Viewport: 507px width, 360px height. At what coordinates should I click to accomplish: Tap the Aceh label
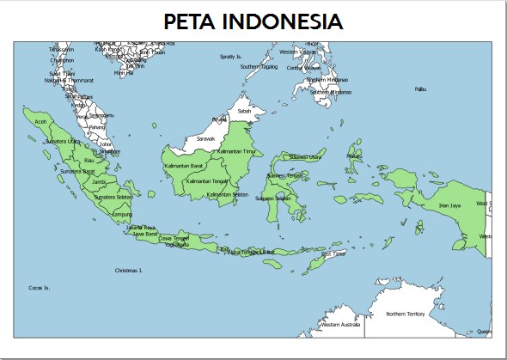[40, 122]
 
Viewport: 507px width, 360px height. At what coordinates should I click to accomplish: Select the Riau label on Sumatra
[89, 160]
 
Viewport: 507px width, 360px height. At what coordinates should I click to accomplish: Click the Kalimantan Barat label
[186, 163]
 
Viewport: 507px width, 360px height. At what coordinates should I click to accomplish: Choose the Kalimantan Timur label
[237, 151]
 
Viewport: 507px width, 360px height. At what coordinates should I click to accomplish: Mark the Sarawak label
[206, 138]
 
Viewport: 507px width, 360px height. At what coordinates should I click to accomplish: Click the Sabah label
[244, 111]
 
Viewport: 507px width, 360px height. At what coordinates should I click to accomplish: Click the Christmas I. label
[128, 270]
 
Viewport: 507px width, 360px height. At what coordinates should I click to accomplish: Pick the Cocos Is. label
[40, 287]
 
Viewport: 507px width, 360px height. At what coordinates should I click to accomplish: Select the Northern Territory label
[406, 314]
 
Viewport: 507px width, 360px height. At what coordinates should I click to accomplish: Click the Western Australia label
[340, 326]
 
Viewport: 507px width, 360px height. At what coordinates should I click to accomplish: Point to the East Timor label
[333, 254]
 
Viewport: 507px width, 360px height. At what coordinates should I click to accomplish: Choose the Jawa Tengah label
[174, 238]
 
